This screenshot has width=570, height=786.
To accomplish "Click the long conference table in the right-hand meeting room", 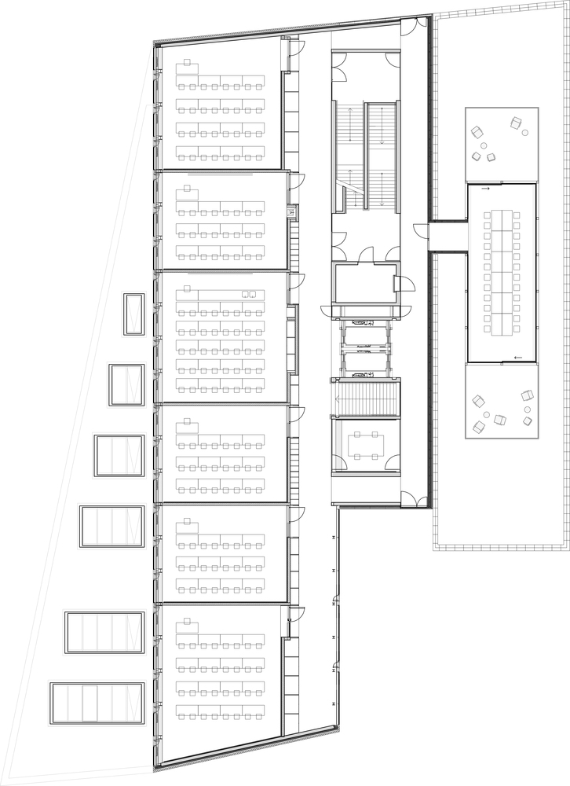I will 502,272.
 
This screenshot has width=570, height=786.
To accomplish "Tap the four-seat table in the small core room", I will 366,446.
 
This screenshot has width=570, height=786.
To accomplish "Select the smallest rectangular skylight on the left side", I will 133,314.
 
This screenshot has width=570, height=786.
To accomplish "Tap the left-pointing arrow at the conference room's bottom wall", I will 516,358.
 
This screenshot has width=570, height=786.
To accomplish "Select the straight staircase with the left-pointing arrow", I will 366,399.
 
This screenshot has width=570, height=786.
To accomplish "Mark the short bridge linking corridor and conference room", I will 448,236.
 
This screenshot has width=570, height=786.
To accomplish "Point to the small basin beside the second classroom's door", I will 290,211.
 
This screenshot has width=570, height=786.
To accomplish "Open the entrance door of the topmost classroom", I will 294,49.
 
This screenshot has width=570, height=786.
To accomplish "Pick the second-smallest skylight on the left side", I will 126,385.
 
